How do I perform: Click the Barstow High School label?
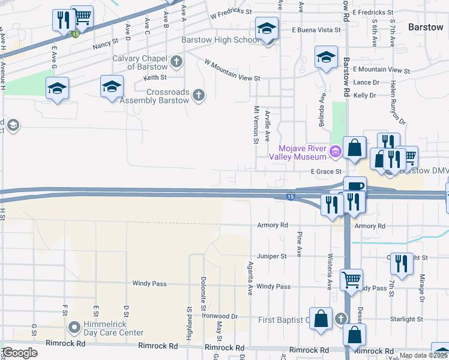point(220,40)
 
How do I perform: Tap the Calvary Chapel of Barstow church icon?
point(176,61)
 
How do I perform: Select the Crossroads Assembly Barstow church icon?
point(198,95)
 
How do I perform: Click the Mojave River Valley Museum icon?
point(335,152)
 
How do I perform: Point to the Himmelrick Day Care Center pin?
point(74,328)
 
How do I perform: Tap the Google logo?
point(20,353)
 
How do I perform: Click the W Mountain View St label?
point(232,70)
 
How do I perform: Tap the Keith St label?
point(155,77)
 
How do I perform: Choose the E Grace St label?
point(326,172)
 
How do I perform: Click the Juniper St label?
point(272,256)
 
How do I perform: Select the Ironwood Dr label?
point(220,316)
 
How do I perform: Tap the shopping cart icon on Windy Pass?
point(351,279)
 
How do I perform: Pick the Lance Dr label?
point(366,83)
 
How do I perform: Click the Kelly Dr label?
point(365,95)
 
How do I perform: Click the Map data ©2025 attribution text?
point(423,355)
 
